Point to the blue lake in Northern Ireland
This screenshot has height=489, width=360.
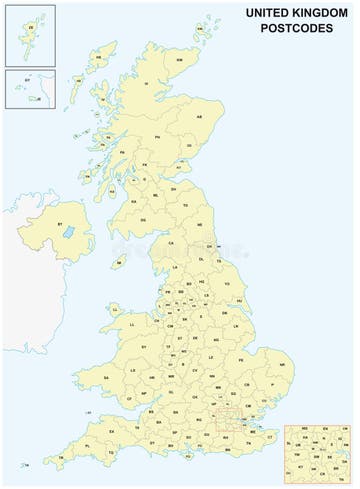click(x=68, y=232)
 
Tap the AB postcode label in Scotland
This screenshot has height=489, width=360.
click(x=199, y=116)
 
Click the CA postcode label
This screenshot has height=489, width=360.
click(x=171, y=243)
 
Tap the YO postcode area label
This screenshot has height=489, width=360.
click(x=226, y=285)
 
